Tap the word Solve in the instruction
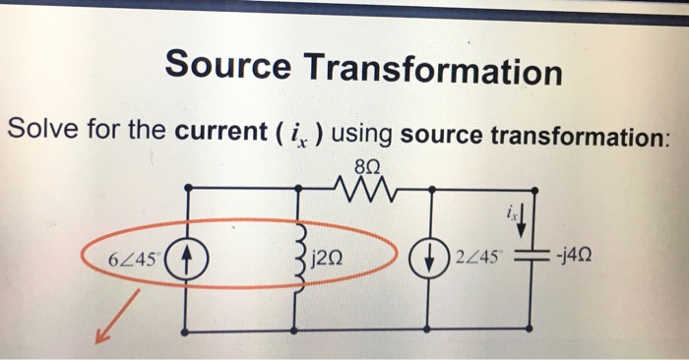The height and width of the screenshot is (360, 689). coord(43,129)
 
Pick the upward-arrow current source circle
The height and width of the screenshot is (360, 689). coord(190,261)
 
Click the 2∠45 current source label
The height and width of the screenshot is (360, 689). coord(476,260)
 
